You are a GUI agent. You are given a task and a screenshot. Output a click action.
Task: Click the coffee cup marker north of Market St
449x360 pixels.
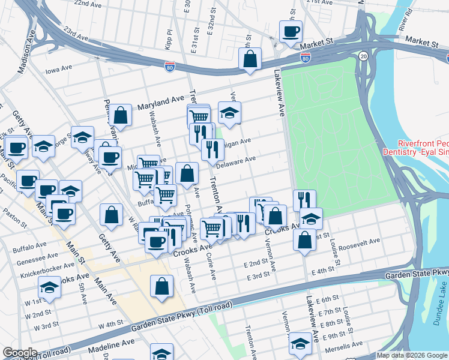[x=291, y=31]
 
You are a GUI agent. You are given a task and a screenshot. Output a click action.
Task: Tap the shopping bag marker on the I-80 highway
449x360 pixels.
[x=250, y=59]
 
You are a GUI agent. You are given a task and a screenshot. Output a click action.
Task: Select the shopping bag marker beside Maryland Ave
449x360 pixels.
[x=121, y=116]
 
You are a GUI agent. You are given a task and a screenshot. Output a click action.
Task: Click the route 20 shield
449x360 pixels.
[x=364, y=56]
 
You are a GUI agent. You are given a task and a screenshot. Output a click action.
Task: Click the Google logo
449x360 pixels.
[x=20, y=353]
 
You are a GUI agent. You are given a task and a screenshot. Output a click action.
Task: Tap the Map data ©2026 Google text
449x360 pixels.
[x=412, y=355]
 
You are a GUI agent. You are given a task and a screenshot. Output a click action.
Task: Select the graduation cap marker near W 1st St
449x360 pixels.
[x=49, y=287]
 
